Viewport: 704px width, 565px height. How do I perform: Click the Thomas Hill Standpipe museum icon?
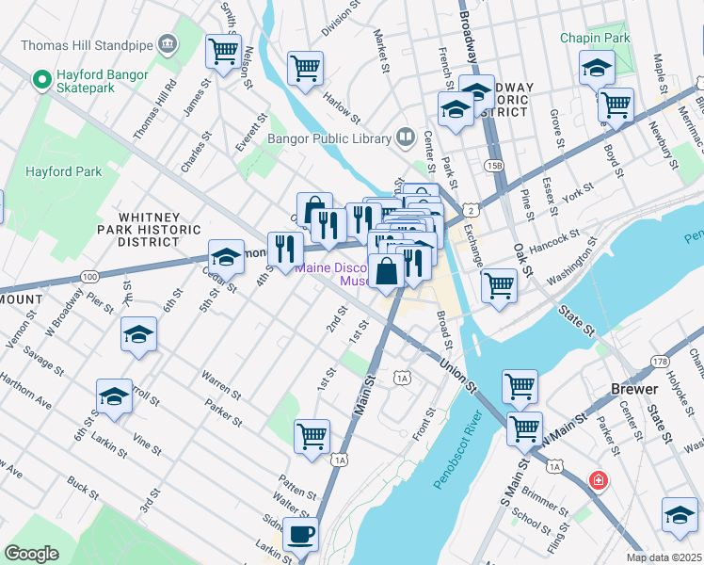[168, 43]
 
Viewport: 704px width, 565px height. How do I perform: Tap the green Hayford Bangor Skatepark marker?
[41, 80]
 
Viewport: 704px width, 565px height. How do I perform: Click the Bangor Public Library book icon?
[405, 138]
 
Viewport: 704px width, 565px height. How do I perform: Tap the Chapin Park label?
[594, 39]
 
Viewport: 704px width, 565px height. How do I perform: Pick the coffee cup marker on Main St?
[300, 534]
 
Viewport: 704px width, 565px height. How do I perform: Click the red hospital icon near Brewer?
[598, 481]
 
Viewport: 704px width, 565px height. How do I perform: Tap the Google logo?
[32, 554]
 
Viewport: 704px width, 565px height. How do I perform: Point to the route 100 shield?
[89, 277]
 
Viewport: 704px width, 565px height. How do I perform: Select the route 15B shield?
[495, 166]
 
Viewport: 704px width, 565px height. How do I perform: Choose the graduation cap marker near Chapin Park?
[597, 68]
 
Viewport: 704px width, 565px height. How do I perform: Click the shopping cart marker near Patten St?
[312, 436]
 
